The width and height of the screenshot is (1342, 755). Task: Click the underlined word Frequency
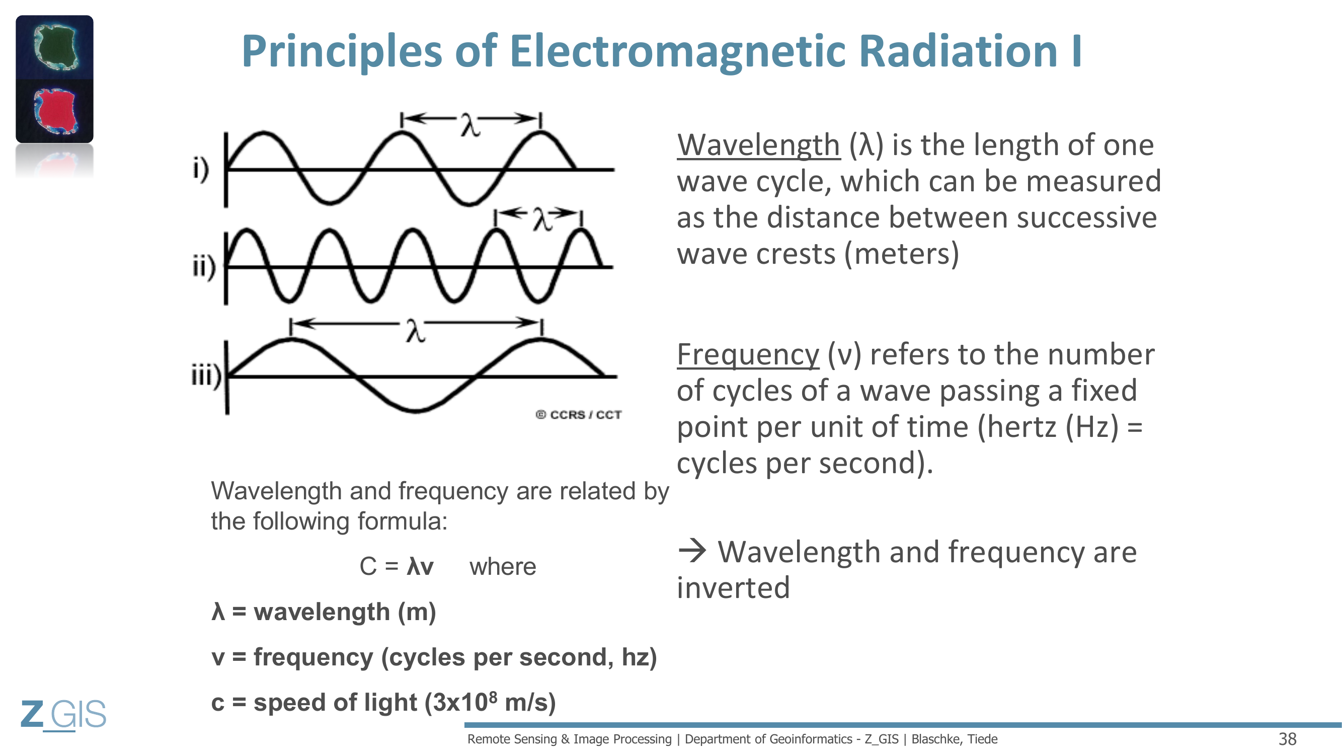click(748, 355)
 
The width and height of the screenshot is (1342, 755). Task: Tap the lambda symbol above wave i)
click(470, 125)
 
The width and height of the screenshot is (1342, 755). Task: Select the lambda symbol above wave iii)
click(415, 331)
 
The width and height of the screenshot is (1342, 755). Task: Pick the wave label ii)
click(204, 267)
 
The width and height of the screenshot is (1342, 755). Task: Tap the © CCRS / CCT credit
click(578, 415)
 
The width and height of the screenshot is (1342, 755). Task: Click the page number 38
click(1287, 739)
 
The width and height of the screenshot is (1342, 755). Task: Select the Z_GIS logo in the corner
click(63, 714)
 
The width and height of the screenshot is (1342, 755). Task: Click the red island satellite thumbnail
click(55, 111)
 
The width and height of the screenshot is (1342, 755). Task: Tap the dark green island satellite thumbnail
click(55, 47)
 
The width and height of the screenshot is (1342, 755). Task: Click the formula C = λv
click(397, 566)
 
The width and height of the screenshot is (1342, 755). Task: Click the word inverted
click(734, 588)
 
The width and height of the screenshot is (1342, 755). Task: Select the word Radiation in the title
click(958, 50)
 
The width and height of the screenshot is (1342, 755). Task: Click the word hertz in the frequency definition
click(1017, 427)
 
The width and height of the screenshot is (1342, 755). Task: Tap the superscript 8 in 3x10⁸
click(493, 696)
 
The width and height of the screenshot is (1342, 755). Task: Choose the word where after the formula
click(503, 566)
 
